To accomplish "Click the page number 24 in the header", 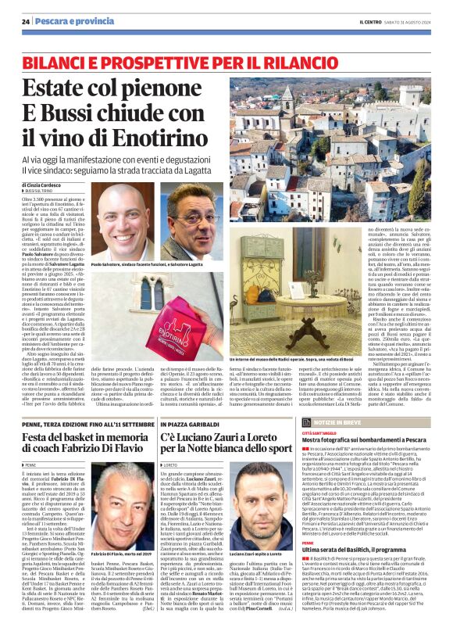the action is click(26, 20).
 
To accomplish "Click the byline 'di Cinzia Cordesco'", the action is click(49, 184).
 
